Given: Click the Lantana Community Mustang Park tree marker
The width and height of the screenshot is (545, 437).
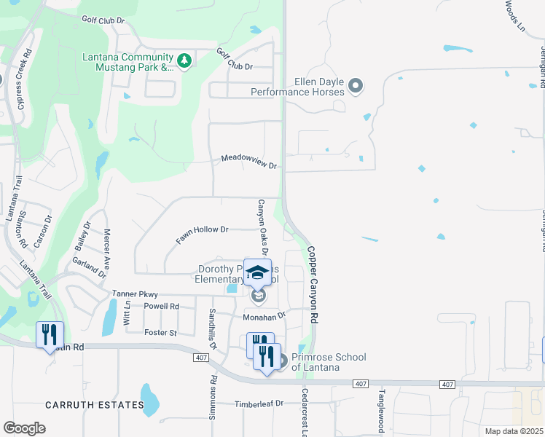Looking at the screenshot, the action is (184, 60).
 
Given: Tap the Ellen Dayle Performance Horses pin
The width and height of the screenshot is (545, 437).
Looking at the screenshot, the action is (356, 87).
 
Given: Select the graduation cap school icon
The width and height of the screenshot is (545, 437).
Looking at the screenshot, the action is (257, 273).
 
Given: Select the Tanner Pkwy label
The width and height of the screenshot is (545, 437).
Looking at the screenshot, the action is (135, 294).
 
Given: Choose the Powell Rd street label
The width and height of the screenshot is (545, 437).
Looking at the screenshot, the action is (161, 307).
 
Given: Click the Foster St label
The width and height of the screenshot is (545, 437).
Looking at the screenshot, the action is (162, 333).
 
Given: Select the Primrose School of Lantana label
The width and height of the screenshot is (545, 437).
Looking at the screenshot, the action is (329, 362).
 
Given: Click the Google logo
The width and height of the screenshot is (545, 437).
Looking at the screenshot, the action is (24, 428).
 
